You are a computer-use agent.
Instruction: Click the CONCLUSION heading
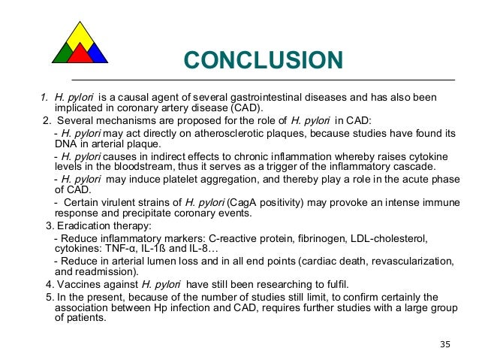coord(263,59)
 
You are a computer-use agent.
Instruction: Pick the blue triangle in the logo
coord(97,53)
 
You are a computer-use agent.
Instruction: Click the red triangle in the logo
coord(80,53)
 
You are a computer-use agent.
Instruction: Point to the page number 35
coord(445,344)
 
